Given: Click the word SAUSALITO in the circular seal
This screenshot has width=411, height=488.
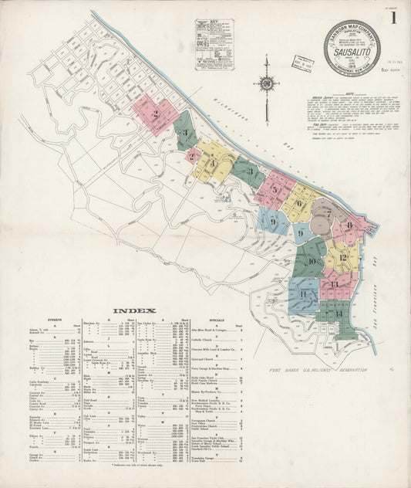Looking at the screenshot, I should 352,55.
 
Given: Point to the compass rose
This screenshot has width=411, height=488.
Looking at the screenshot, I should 267,84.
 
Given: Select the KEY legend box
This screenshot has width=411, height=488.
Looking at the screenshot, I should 214,45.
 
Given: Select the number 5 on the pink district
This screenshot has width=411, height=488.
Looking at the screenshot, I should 275,188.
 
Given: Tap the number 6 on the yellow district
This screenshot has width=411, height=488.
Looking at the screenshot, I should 298,203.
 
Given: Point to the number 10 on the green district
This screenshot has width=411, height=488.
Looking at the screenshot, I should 311,261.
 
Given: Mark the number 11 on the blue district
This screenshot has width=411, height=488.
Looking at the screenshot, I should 304,294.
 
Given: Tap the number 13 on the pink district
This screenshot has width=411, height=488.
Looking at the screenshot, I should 334,285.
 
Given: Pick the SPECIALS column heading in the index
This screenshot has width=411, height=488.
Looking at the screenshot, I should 217,319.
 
